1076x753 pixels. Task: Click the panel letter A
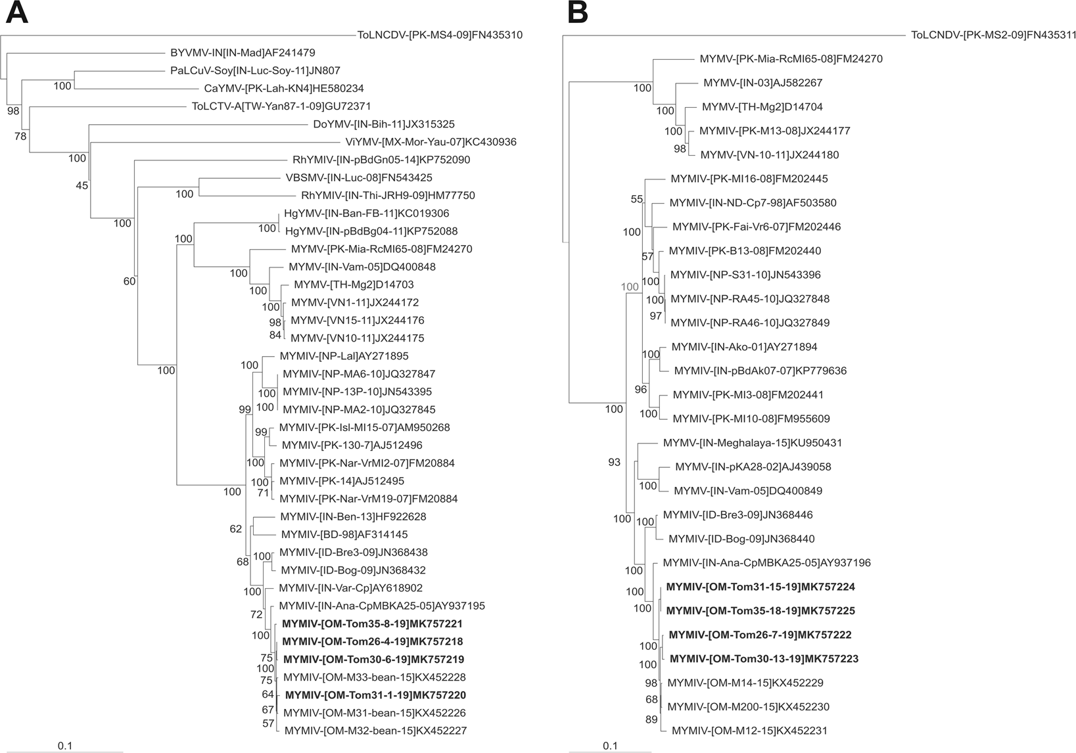coord(16,13)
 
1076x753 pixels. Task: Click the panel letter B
coord(578,13)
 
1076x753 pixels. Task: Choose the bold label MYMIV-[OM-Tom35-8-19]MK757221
coord(373,624)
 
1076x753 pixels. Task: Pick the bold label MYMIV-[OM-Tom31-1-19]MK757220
coord(375,695)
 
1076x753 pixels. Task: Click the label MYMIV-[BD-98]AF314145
coord(344,534)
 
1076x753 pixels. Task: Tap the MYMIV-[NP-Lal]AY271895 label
coord(344,356)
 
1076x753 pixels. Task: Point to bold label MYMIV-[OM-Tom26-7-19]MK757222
coord(760,635)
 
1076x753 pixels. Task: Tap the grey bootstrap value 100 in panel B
coord(629,286)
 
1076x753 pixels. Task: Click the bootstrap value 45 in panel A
coord(82,186)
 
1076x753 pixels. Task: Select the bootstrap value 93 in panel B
coord(614,463)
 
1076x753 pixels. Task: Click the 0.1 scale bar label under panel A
coord(65,746)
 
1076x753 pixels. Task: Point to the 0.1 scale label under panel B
coord(610,746)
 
